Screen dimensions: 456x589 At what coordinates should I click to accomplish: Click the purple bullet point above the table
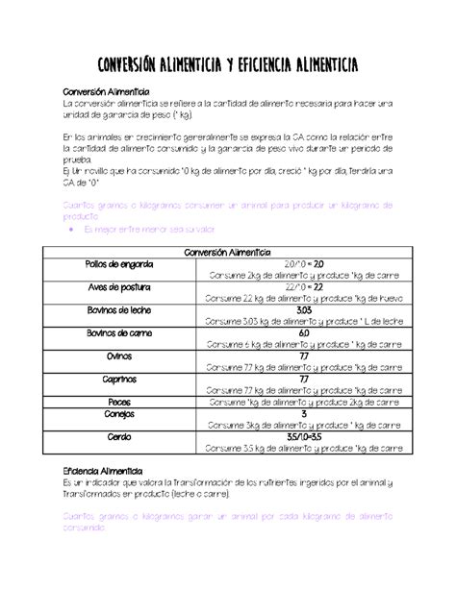pos(73,230)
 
